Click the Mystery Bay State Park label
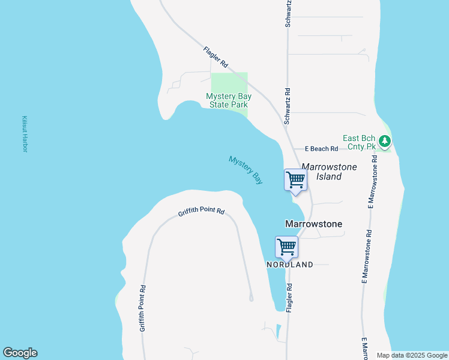[x=228, y=100]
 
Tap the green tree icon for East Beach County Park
[x=385, y=142]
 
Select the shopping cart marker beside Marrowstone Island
[x=295, y=179]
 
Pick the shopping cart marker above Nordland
[x=286, y=247]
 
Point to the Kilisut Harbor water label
[x=25, y=134]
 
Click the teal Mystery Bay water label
[x=246, y=169]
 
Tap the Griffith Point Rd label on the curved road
[x=201, y=212]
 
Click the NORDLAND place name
[x=290, y=265]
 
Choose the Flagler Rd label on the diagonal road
[x=215, y=56]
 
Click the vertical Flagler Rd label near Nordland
[x=289, y=298]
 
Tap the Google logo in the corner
[x=20, y=353]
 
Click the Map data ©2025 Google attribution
[x=412, y=355]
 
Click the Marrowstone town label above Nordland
[x=313, y=224]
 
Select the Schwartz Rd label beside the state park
[x=288, y=106]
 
